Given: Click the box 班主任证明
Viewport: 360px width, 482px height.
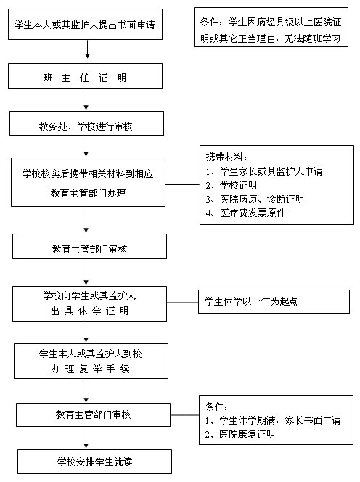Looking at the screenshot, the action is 85,76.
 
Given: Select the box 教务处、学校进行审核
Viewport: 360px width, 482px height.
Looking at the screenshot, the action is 86,123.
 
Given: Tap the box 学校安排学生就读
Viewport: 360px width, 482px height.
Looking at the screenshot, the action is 94,462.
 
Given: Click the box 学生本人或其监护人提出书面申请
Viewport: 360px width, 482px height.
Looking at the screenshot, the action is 85,24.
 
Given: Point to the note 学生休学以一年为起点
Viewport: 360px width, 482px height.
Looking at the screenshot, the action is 274,301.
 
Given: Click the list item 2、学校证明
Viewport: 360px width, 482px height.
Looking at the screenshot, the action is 232,185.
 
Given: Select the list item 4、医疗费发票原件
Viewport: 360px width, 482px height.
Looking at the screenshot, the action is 245,213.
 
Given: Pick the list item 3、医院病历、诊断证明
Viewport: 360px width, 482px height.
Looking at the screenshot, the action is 255,199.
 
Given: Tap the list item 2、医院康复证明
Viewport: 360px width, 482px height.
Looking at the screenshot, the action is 240,434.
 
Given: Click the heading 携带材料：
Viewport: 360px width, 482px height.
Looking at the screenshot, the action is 226,157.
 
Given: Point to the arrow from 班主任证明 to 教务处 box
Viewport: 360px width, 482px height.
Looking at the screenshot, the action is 86,99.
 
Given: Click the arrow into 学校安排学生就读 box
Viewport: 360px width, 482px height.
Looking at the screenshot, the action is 86,438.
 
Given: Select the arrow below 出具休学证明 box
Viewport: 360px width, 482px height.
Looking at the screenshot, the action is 86,332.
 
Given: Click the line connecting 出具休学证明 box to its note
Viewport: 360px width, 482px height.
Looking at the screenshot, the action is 183,303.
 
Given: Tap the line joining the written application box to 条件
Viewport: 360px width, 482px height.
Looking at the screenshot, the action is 178,25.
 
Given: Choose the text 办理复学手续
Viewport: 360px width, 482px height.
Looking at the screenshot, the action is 91,369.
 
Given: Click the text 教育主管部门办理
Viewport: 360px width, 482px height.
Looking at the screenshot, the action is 89,193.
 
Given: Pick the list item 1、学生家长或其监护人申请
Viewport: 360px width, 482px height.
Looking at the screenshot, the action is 264,171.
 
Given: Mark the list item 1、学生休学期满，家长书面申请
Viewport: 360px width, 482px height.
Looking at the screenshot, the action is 273,420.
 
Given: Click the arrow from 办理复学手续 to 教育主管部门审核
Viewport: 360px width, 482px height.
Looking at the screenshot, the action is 86,391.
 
